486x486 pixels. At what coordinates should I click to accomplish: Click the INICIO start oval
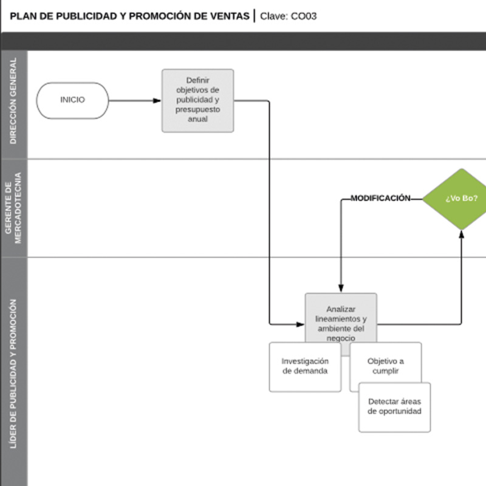point(72,100)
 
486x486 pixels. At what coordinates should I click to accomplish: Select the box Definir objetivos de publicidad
point(197,100)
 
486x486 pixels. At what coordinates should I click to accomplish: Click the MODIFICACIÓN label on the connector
point(380,198)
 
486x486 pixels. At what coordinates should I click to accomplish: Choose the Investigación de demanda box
point(305,366)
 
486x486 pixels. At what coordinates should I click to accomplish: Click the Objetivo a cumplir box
point(386,366)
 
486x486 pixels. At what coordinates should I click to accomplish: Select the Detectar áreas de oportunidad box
point(394,407)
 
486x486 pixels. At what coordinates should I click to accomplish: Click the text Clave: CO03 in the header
point(289,16)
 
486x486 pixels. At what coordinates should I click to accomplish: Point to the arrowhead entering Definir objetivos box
point(157,100)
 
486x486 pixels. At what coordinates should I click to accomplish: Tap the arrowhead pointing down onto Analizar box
point(341,289)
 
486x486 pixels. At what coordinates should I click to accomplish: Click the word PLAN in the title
point(22,16)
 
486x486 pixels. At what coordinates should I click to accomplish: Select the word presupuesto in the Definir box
point(197,110)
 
